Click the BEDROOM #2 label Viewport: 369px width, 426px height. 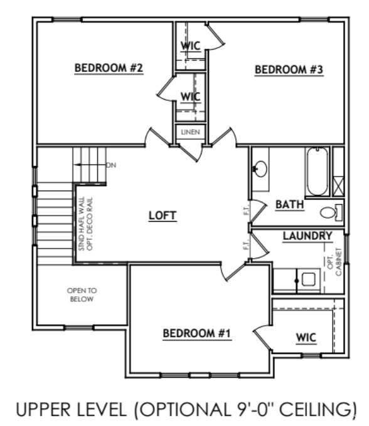(110, 68)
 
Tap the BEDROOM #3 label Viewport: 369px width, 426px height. (289, 70)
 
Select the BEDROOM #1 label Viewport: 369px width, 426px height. (197, 333)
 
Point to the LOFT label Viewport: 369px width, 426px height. (163, 216)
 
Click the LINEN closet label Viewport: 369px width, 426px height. (190, 133)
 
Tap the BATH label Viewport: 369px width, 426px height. (289, 204)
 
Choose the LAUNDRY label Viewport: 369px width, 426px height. (307, 236)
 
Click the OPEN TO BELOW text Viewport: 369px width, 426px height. (82, 295)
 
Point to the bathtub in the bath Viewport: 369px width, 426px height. (318, 171)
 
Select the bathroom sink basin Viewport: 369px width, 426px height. (260, 169)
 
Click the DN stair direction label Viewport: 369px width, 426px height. (111, 165)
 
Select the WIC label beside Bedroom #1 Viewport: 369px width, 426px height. (306, 338)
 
